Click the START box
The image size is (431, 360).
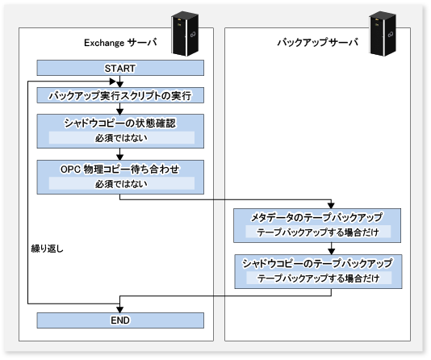coord(120,68)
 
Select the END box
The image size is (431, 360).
coord(120,320)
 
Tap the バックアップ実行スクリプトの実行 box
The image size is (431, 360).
coord(120,95)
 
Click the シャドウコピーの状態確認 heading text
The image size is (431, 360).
coord(120,123)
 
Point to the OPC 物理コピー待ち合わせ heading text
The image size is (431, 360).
coord(119,169)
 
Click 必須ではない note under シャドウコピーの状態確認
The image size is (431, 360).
coord(122,138)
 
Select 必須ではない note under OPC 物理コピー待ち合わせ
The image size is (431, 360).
coord(122,183)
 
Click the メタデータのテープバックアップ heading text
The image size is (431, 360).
coord(317,217)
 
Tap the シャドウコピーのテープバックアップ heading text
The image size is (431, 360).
coord(317,263)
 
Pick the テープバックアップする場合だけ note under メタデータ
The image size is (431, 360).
coord(318,232)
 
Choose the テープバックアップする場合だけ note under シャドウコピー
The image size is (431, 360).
coord(319,278)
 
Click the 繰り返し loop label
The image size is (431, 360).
coord(48,249)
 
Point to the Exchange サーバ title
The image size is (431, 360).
coord(120,43)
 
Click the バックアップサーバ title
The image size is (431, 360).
coord(318,43)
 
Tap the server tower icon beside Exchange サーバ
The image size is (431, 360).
coord(185,34)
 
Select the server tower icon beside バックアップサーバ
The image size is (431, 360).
coord(383,34)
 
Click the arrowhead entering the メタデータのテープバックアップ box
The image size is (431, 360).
coord(331,206)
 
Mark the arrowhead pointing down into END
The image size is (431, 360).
coord(119,310)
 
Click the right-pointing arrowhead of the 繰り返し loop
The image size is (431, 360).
coord(113,82)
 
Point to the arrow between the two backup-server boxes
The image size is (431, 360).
coord(331,249)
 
